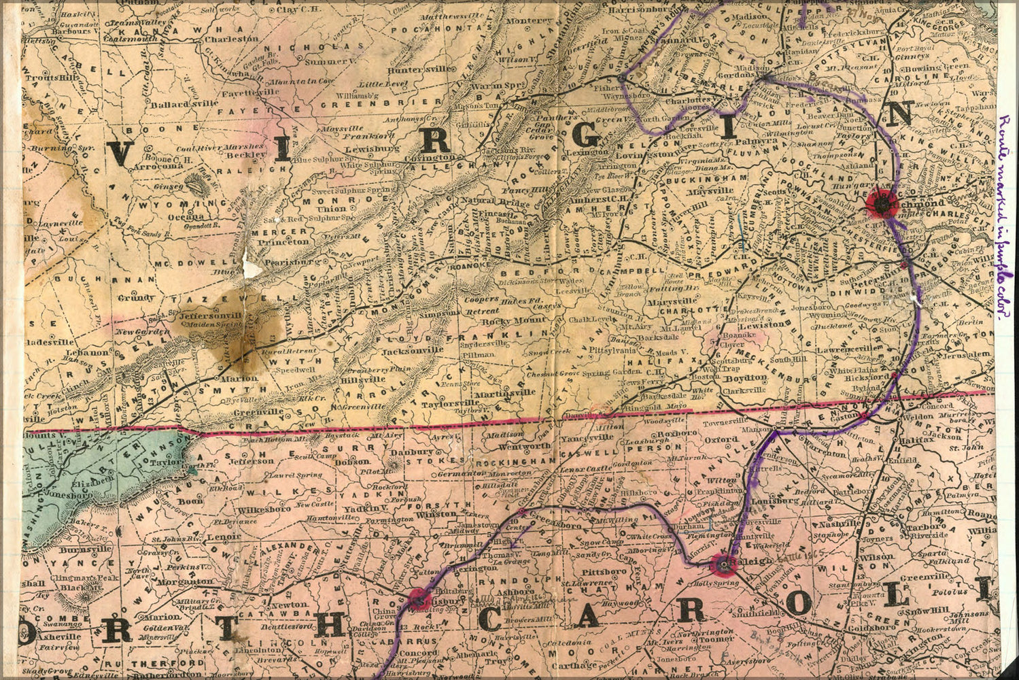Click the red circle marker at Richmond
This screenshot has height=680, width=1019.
882,202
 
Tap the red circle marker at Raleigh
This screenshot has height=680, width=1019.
722,564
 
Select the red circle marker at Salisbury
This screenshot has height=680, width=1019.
419,598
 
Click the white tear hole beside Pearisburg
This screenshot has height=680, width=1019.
252,269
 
